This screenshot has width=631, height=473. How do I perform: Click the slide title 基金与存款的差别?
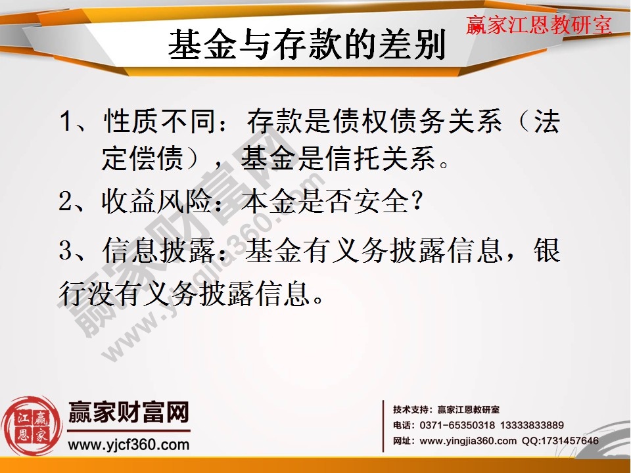(307, 47)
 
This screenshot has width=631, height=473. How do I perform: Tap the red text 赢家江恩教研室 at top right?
(539, 25)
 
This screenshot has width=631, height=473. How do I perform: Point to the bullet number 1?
(66, 122)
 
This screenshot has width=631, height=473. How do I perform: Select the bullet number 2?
(65, 202)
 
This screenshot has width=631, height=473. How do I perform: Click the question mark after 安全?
(415, 202)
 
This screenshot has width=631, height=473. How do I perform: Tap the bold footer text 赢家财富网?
(129, 413)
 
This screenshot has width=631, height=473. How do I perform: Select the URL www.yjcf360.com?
(129, 445)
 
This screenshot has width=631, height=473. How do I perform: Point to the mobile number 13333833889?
(532, 426)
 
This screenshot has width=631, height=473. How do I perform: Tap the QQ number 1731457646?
(570, 441)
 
